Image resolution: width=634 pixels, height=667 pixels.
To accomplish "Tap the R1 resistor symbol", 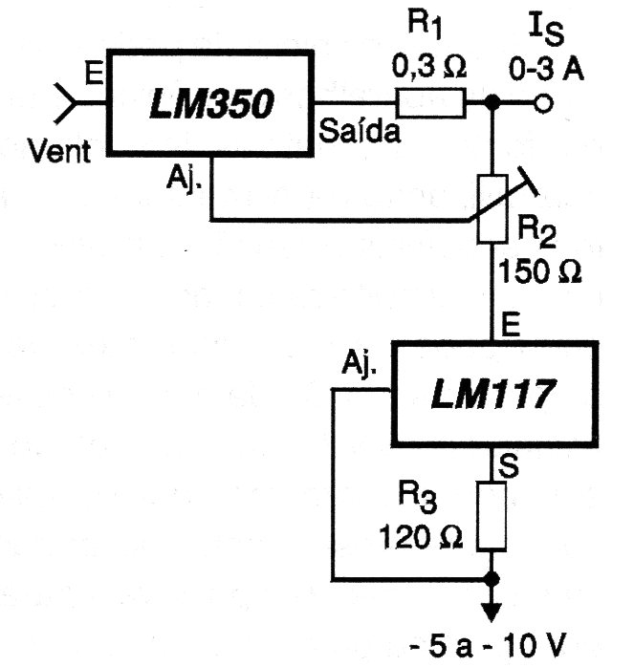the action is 431,103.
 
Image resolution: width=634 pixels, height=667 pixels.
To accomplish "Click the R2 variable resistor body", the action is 492,209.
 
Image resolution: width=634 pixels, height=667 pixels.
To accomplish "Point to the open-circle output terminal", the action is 543,103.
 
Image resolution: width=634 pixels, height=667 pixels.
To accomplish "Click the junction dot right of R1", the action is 492,102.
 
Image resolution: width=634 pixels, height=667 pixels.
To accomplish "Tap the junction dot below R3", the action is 492,579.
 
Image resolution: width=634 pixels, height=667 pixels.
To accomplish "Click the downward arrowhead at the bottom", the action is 492,613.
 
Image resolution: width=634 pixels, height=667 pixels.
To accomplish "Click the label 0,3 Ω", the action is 428,66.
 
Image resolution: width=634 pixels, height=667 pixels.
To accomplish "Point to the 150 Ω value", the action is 539,271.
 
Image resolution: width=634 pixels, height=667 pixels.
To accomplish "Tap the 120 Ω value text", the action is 420,537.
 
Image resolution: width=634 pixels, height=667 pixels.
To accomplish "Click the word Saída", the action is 360,131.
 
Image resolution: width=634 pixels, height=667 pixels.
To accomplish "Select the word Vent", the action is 59,151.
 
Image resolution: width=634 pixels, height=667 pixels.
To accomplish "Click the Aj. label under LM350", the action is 185,179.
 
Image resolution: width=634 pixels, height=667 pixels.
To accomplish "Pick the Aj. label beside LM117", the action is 360,364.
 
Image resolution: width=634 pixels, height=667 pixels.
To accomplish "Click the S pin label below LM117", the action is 509,465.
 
